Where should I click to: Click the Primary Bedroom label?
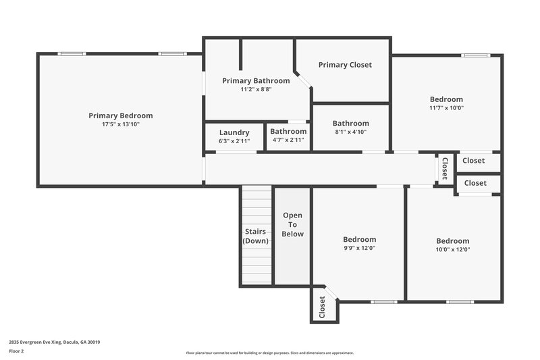pyautogui.click(x=120, y=115)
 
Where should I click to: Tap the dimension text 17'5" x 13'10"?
pyautogui.click(x=120, y=124)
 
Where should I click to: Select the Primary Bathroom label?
pyautogui.click(x=256, y=80)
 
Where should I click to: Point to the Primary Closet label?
pyautogui.click(x=345, y=65)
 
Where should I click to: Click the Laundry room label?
pyautogui.click(x=234, y=132)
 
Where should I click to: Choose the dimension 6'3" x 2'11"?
pyautogui.click(x=234, y=140)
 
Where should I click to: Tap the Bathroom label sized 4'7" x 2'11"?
pyautogui.click(x=288, y=132)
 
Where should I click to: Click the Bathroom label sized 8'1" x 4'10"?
pyautogui.click(x=350, y=124)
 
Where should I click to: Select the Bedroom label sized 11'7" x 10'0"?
pyautogui.click(x=446, y=99)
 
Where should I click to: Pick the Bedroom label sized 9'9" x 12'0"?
pyautogui.click(x=359, y=239)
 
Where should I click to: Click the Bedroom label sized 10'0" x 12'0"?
pyautogui.click(x=452, y=241)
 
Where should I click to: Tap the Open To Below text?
pyautogui.click(x=293, y=224)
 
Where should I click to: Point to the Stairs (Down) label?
pyautogui.click(x=256, y=236)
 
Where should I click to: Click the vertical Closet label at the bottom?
pyautogui.click(x=323, y=307)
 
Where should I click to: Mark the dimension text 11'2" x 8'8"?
pyautogui.click(x=256, y=89)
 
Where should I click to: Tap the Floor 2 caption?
pyautogui.click(x=16, y=351)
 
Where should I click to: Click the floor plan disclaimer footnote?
pyautogui.click(x=269, y=353)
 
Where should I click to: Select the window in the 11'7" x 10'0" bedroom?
pyautogui.click(x=475, y=55)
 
